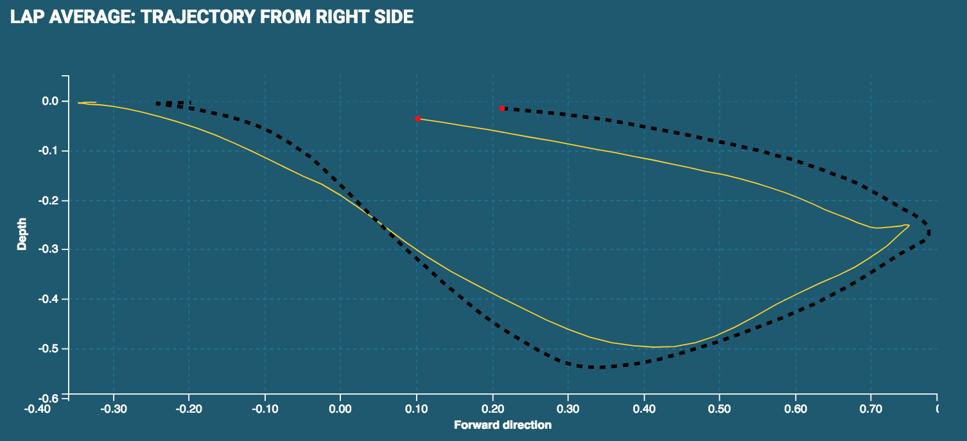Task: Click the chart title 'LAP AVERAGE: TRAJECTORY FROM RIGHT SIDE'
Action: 212,17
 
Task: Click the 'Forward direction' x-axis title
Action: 503,425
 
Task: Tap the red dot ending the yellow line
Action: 418,119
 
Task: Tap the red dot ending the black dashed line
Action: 502,108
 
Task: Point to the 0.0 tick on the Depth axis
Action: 51,102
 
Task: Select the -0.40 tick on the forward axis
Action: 37,408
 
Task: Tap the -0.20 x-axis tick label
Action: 189,408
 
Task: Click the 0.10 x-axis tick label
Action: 416,408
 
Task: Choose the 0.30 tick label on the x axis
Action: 568,408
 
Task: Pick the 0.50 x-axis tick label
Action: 719,408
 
